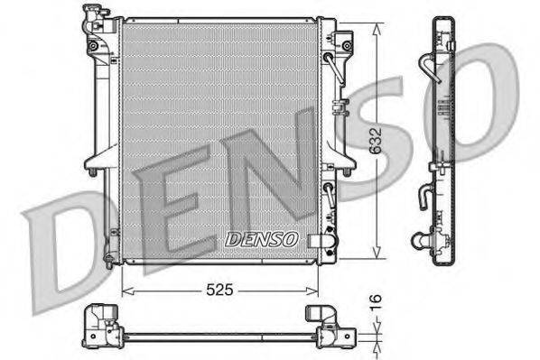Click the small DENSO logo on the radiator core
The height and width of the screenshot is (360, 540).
tap(261, 239)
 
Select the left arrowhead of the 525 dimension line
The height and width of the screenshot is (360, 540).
tap(126, 291)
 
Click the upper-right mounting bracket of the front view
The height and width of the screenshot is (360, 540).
tap(343, 44)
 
